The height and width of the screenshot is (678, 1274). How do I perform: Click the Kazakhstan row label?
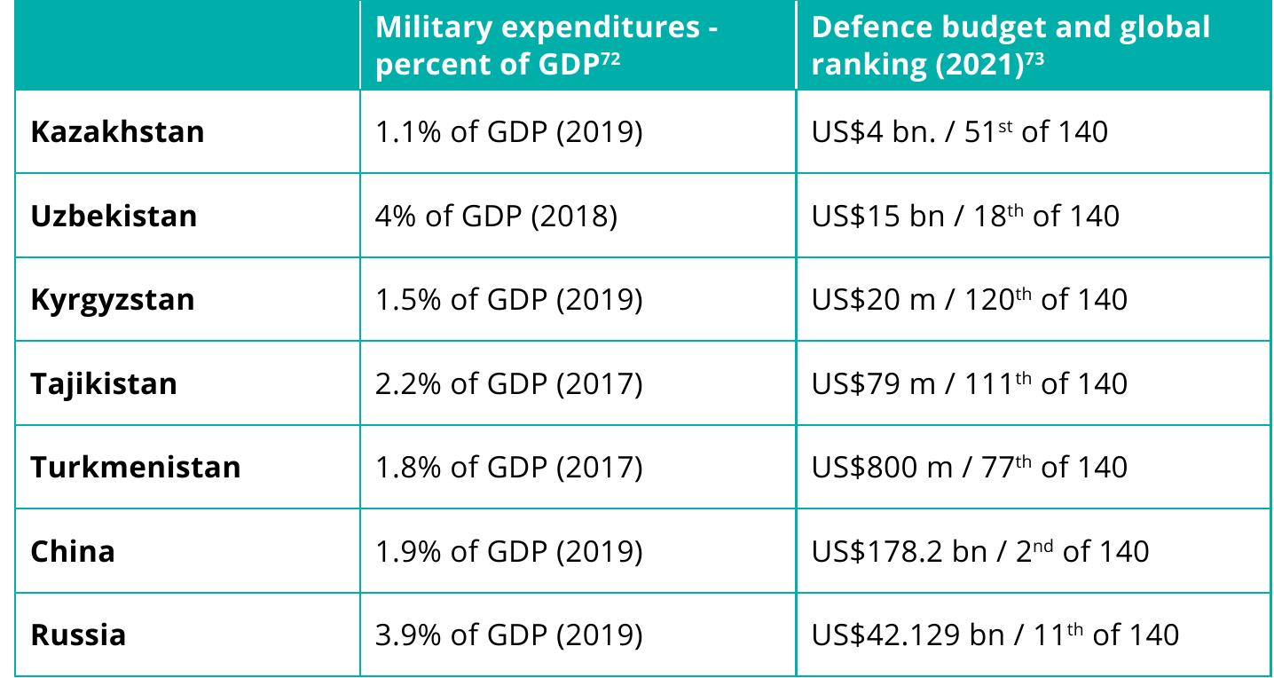point(117,132)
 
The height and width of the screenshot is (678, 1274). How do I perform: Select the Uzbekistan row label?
point(114,216)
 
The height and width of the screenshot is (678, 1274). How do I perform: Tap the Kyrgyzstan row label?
point(113,299)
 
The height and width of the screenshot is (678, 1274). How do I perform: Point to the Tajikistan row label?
point(104,383)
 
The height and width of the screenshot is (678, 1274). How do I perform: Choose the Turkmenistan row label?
point(136,467)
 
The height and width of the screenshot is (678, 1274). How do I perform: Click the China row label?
point(73,551)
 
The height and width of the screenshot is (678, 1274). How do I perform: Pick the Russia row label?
point(78,635)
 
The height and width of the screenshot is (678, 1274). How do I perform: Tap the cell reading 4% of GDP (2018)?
point(496,216)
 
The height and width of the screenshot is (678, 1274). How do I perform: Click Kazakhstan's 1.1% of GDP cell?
point(508,132)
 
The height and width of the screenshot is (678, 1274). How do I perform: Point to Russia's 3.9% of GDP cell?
point(508,635)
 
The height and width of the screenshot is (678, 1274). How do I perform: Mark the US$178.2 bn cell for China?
point(979,551)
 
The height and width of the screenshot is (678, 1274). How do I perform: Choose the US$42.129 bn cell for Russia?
point(995,635)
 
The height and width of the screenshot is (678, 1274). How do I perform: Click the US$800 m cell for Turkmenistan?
point(969,467)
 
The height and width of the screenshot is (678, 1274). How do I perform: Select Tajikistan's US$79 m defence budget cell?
point(969,383)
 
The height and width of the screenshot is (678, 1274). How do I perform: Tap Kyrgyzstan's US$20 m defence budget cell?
point(969,299)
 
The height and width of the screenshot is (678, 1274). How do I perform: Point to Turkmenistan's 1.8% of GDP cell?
point(508,467)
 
